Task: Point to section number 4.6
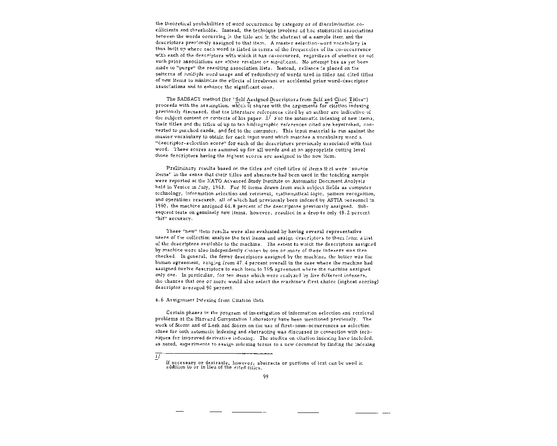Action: pyautogui.click(x=159, y=300)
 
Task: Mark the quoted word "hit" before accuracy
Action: pyautogui.click(x=161, y=219)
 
